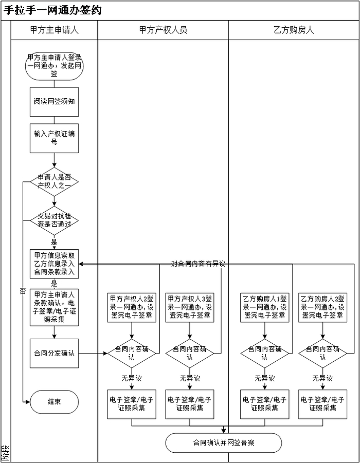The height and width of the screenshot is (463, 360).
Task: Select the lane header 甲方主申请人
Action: (54, 30)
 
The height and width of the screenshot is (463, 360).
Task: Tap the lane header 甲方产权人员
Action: (163, 30)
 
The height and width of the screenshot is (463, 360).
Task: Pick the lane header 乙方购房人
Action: (294, 30)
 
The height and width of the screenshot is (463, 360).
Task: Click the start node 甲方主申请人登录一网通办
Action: (54, 65)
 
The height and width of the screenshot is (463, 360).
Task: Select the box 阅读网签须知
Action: (54, 101)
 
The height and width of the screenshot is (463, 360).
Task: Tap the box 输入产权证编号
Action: (54, 138)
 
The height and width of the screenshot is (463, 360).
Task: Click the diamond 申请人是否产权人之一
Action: (54, 181)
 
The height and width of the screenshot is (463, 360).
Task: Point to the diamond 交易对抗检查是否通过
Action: (54, 220)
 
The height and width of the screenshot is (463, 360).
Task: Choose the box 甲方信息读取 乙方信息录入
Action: (54, 264)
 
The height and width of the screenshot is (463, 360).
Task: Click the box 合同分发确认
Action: (54, 353)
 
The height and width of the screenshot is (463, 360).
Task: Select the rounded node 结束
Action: (54, 402)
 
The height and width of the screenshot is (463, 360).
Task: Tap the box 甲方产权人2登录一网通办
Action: (132, 307)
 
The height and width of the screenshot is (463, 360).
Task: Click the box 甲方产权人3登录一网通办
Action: (190, 307)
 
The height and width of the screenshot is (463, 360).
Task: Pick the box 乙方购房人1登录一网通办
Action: (264, 307)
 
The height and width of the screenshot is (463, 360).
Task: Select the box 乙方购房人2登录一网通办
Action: (322, 307)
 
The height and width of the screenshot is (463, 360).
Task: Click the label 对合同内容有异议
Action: (198, 264)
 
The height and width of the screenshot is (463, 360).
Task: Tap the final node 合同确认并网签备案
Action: (224, 442)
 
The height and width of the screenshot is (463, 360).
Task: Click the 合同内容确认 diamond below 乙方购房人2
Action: (322, 353)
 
